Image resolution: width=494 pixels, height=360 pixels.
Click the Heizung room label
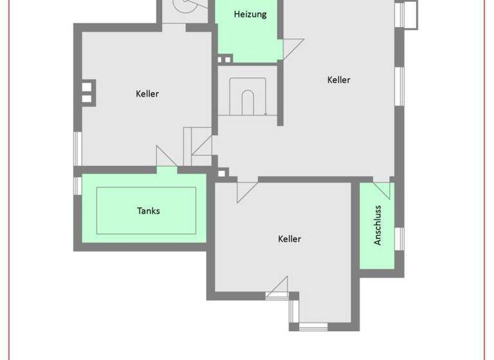pyautogui.click(x=250, y=14)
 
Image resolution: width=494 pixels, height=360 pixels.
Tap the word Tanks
pyautogui.click(x=148, y=210)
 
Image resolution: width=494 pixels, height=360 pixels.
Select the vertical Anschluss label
pyautogui.click(x=378, y=225)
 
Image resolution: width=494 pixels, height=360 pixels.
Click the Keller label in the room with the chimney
pyautogui.click(x=147, y=94)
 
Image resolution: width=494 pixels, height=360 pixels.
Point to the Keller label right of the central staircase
pyautogui.click(x=339, y=80)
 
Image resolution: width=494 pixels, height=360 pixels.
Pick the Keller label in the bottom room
pyautogui.click(x=289, y=239)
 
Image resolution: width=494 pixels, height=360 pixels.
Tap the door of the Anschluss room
pyautogui.click(x=382, y=190)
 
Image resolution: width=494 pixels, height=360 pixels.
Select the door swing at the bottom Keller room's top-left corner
pyautogui.click(x=247, y=192)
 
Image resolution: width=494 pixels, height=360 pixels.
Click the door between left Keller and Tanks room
pyautogui.click(x=167, y=157)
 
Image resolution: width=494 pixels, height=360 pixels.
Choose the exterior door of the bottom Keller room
pyautogui.click(x=277, y=289)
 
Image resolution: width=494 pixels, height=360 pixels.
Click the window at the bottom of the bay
pyautogui.click(x=313, y=327)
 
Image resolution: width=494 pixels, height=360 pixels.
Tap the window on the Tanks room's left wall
pyautogui.click(x=77, y=185)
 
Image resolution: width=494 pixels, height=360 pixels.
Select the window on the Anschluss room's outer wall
pyautogui.click(x=400, y=238)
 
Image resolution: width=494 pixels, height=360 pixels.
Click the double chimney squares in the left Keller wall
pyautogui.click(x=88, y=92)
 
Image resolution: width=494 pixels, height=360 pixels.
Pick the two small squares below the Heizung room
pyautogui.click(x=224, y=59)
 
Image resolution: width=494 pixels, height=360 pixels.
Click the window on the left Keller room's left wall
pyautogui.click(x=77, y=148)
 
